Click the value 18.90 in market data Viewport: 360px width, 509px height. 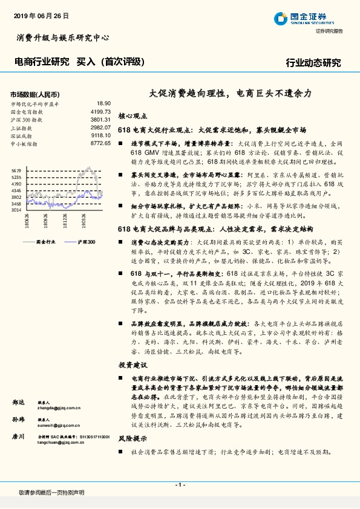(103, 103)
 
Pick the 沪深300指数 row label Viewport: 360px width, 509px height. (26, 120)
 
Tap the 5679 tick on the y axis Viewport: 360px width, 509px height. (16, 171)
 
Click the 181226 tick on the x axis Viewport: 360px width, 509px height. (65, 222)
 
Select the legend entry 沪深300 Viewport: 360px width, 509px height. (87, 241)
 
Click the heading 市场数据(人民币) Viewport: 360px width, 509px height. (35, 94)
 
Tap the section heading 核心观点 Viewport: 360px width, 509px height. (133, 115)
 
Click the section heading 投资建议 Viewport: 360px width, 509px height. (133, 366)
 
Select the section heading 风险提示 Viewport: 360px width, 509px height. (133, 439)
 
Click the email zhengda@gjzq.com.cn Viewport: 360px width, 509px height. (59, 408)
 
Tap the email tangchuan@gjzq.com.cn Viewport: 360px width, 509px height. (61, 442)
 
